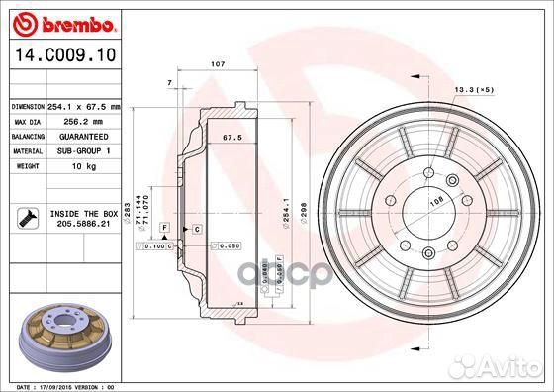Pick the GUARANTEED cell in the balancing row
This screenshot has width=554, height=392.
[77, 135]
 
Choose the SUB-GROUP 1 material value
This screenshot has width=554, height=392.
[76, 150]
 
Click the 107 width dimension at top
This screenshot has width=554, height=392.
[218, 64]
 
